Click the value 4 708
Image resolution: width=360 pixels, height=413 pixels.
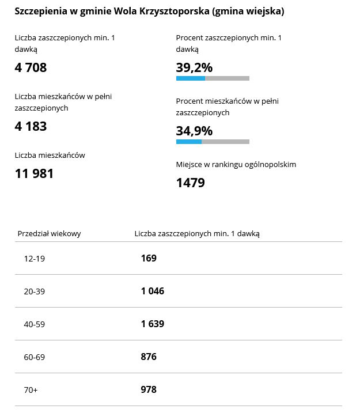point(31,67)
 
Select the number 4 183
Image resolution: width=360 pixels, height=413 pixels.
point(31,126)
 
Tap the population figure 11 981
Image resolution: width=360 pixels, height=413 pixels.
point(34,173)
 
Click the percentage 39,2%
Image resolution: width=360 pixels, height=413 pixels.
point(194,67)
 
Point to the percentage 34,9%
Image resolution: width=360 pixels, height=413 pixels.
point(194,131)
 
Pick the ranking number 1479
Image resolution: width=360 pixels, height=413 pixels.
point(190,183)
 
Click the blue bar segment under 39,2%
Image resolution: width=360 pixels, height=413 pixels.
point(191,78)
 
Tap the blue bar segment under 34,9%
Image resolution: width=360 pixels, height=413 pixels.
point(189,142)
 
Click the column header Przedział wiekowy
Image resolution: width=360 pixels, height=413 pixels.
point(50,233)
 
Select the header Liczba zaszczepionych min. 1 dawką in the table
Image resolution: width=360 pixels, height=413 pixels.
point(197,233)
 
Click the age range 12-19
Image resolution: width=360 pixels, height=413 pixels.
point(34,259)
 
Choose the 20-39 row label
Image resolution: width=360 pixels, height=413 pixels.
point(34,291)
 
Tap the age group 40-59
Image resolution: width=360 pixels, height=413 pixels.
point(34,324)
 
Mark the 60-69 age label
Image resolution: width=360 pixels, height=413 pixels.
point(34,357)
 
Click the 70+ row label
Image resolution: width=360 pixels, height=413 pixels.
point(31,390)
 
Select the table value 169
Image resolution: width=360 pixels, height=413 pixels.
point(149,258)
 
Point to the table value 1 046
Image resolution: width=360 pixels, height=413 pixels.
point(153,291)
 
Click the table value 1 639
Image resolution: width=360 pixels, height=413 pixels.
point(153,324)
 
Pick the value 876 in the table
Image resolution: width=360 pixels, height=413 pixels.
point(149,357)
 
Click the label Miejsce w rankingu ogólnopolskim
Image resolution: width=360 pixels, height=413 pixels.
point(236,164)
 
